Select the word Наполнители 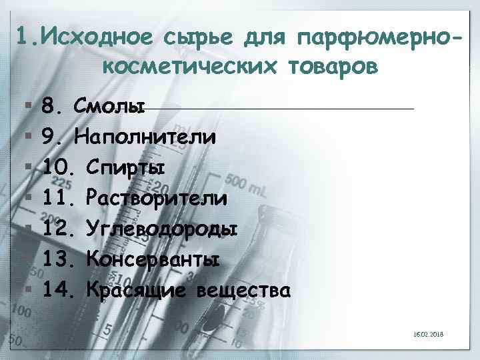[145, 137]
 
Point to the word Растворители [157, 199]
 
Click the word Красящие [139, 291]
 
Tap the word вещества [244, 291]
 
